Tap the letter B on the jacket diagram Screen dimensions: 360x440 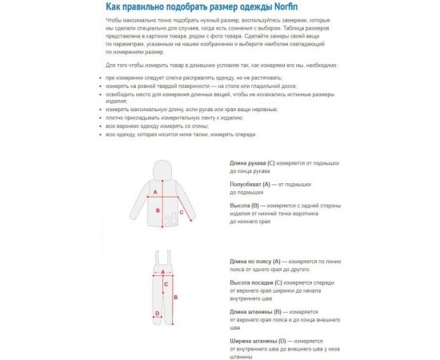[x=158, y=211]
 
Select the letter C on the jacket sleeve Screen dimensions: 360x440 [x=182, y=213]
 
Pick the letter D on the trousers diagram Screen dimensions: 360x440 [x=157, y=314]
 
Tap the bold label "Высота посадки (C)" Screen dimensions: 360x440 [x=255, y=282]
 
